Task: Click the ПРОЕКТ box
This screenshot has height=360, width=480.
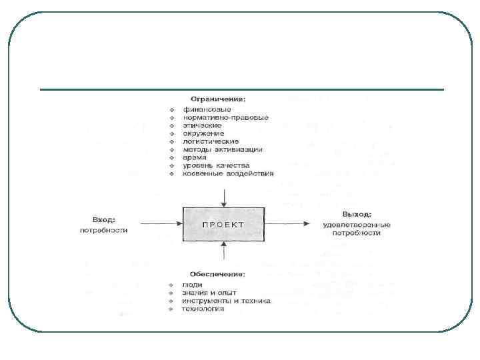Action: click(x=223, y=225)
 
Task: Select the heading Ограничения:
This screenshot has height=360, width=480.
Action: click(x=217, y=99)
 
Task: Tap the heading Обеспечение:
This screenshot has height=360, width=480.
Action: click(x=217, y=274)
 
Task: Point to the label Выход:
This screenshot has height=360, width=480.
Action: click(x=356, y=215)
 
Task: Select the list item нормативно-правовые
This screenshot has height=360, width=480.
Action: click(x=225, y=117)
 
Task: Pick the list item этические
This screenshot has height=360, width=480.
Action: click(x=201, y=125)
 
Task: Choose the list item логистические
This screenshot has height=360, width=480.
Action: click(x=211, y=141)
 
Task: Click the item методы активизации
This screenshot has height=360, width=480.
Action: click(x=222, y=149)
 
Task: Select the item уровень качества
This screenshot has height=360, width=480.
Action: click(x=215, y=165)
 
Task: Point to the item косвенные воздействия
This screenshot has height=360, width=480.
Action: click(x=227, y=173)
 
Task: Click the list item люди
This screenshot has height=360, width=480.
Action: click(x=193, y=285)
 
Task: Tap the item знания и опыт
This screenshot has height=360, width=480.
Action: click(x=209, y=293)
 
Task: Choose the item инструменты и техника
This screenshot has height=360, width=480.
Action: click(x=226, y=301)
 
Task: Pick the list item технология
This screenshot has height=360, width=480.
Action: click(x=203, y=309)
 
